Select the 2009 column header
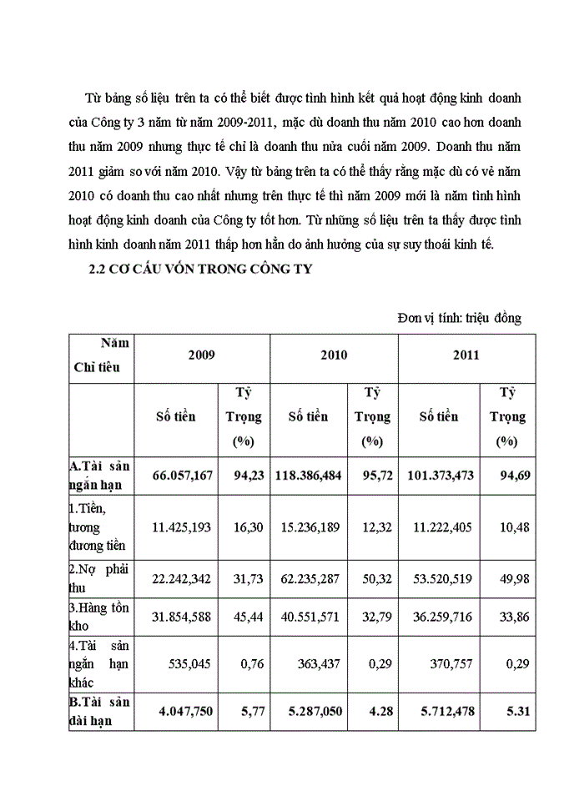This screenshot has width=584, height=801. coord(201,355)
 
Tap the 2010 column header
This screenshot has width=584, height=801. coord(334,355)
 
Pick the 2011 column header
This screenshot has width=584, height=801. coord(466,355)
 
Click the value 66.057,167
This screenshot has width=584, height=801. coord(184,475)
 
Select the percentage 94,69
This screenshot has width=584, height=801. coord(506,475)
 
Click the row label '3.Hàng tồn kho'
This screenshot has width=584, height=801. coord(93,617)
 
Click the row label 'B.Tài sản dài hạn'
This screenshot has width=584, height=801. coord(99,711)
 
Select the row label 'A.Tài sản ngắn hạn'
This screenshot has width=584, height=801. coord(99,475)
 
